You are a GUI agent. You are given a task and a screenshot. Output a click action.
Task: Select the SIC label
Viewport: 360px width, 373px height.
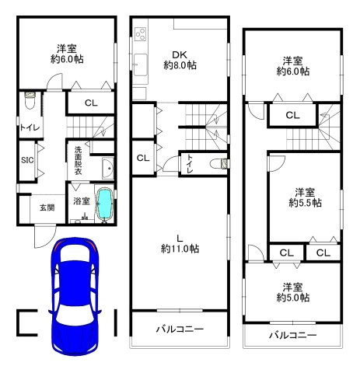[x=27, y=160]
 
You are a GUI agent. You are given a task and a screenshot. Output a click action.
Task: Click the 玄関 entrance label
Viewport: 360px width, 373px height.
[x=47, y=207]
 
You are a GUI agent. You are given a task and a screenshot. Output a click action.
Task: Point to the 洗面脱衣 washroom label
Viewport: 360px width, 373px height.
[x=78, y=160]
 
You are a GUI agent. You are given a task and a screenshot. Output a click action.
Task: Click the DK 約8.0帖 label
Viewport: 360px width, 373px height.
[x=180, y=60]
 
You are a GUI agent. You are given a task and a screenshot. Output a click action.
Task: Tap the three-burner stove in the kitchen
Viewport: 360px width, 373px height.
[x=141, y=34]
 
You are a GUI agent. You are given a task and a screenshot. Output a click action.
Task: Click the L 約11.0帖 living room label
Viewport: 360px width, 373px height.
[x=180, y=244]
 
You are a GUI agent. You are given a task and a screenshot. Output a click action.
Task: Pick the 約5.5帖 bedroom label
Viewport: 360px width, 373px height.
[x=305, y=197]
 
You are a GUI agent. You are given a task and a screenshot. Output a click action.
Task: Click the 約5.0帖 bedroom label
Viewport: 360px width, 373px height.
[x=293, y=292]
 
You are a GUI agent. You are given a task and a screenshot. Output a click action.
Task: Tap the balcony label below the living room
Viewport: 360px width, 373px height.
[x=180, y=329]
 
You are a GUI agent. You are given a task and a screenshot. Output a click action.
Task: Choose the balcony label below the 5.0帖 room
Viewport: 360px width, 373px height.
[x=293, y=335]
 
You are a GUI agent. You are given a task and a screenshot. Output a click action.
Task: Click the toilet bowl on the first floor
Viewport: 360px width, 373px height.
[x=30, y=100]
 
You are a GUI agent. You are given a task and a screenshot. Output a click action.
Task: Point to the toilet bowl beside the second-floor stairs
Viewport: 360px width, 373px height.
[x=219, y=164]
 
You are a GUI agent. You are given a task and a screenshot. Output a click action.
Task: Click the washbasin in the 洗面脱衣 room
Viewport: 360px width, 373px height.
[x=108, y=168]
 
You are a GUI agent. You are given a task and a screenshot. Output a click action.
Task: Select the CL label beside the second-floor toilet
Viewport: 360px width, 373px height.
[x=143, y=158]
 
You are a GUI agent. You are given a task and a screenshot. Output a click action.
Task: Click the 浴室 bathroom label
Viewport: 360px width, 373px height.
[x=82, y=200]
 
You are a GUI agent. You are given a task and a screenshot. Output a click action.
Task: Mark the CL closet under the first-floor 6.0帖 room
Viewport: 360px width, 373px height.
[x=91, y=103]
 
